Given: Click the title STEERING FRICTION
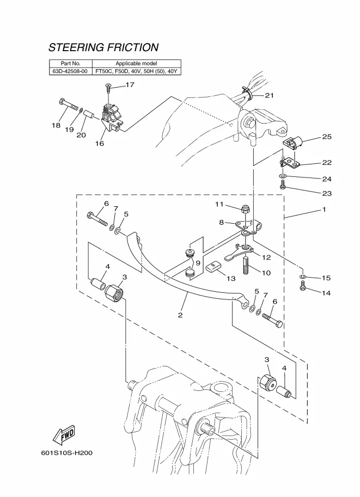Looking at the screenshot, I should [x=103, y=48].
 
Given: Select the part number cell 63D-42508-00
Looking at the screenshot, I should [x=70, y=71].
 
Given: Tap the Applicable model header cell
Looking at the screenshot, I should [x=136, y=64].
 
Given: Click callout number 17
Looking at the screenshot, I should [x=130, y=85].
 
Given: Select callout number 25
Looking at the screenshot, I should [x=327, y=137].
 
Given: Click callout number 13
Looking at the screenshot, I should [x=231, y=278].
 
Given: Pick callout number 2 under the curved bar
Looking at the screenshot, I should [x=180, y=315].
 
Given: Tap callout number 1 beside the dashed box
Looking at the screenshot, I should [x=324, y=209].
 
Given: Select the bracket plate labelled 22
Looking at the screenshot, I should [x=289, y=162].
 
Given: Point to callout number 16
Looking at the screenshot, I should [x=100, y=144].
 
